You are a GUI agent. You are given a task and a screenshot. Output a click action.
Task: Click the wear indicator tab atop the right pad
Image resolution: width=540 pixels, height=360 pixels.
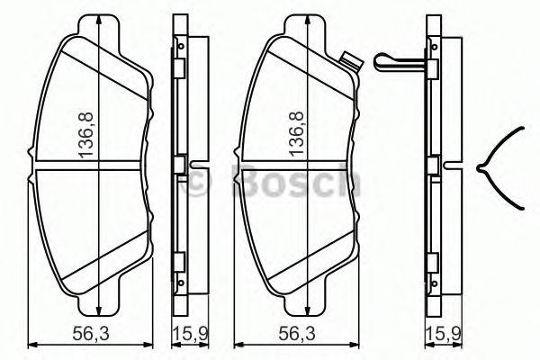(x=351, y=61)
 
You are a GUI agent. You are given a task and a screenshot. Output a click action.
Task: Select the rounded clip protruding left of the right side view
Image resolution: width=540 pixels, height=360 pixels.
(x=388, y=61)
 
